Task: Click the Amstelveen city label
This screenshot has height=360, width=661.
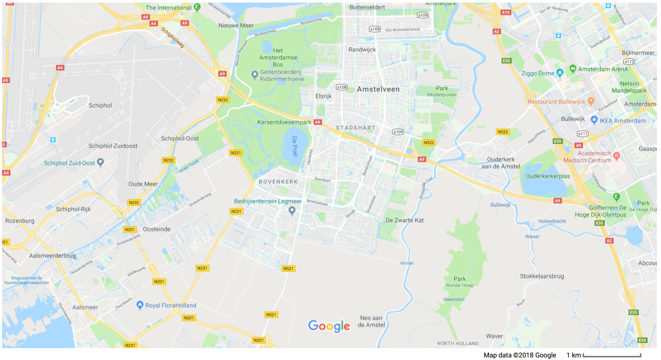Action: click(x=378, y=89)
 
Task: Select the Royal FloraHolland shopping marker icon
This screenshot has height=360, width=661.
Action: click(x=139, y=305)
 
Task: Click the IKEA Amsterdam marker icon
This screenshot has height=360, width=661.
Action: click(x=594, y=120)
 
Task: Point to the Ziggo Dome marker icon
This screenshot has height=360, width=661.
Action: click(x=560, y=73)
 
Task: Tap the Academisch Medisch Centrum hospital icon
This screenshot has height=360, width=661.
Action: click(x=616, y=156)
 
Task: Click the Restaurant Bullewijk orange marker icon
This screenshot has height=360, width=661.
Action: click(x=591, y=101)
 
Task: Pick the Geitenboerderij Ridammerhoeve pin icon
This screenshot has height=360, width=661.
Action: click(x=254, y=75)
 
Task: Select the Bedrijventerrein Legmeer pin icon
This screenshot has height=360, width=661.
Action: click(x=292, y=210)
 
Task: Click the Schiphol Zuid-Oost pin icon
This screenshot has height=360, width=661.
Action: click(x=101, y=162)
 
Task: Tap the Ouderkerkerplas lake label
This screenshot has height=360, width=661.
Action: click(x=547, y=176)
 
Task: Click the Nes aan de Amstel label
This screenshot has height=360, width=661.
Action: click(x=371, y=321)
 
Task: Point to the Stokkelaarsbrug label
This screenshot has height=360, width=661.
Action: click(x=542, y=276)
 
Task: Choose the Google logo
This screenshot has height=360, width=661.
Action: click(x=329, y=326)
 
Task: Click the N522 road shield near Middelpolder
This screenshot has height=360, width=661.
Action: click(x=428, y=142)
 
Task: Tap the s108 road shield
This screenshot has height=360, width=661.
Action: click(x=342, y=87)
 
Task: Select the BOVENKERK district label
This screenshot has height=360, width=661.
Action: click(x=278, y=182)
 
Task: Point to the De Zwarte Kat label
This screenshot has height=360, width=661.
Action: click(x=405, y=220)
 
